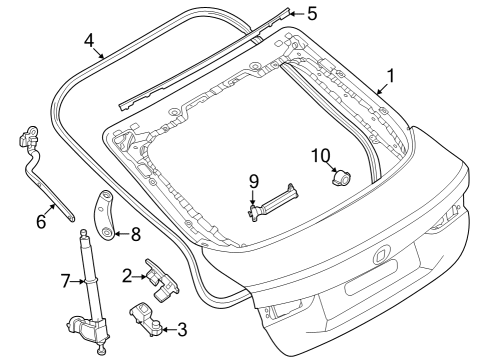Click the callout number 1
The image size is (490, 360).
click(x=390, y=76)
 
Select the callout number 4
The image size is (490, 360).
click(x=89, y=41)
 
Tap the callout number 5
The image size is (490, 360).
click(x=312, y=14)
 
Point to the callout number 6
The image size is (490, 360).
click(x=41, y=221)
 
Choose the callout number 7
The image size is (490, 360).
click(x=66, y=281)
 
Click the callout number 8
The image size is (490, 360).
click(x=136, y=234)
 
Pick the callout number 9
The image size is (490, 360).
click(x=254, y=182)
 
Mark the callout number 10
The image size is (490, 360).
click(x=321, y=156)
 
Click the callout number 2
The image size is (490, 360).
click(x=127, y=276)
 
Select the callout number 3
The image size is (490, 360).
click(x=182, y=330)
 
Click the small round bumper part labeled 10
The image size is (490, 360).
click(x=341, y=177)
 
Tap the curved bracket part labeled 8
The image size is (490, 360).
click(x=103, y=214)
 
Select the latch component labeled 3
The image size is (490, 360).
click(x=145, y=318)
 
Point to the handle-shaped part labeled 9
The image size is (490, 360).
click(x=273, y=203)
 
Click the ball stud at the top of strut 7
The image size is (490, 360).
click(x=83, y=232)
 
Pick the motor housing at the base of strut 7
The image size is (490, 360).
click(x=87, y=328)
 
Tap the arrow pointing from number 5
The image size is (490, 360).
click(x=297, y=14)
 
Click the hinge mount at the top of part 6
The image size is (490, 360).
click(x=28, y=135)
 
